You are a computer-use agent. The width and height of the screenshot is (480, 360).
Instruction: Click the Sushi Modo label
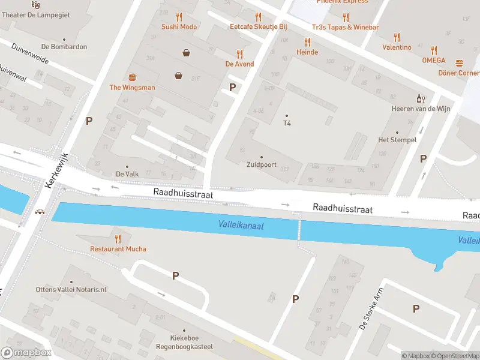pyautogui.click(x=179, y=27)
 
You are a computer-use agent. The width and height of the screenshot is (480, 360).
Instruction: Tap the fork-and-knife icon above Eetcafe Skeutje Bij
pyautogui.click(x=258, y=17)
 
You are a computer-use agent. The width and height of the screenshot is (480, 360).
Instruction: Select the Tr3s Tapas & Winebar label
pyautogui.click(x=345, y=27)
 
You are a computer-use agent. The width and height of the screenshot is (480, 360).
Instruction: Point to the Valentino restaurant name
pyautogui.click(x=397, y=47)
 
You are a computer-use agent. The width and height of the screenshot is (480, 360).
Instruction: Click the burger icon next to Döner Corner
pyautogui.click(x=460, y=62)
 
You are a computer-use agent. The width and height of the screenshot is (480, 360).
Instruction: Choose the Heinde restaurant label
pyautogui.click(x=307, y=52)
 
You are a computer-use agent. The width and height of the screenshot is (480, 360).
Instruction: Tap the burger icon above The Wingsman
pyautogui.click(x=132, y=77)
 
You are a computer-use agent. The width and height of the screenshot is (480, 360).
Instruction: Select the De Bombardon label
pyautogui.click(x=64, y=47)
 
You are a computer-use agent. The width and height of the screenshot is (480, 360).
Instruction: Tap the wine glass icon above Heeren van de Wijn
pyautogui.click(x=421, y=98)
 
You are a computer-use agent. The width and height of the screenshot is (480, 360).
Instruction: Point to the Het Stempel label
pyautogui.click(x=397, y=140)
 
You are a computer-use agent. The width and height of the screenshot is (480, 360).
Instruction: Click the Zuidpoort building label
pyautogui.click(x=261, y=164)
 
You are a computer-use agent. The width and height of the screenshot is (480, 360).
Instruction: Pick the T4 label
pyautogui.click(x=287, y=124)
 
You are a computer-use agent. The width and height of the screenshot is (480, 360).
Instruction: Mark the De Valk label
pyautogui.click(x=127, y=174)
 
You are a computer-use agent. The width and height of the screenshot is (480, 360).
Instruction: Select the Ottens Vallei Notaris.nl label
pyautogui.click(x=70, y=289)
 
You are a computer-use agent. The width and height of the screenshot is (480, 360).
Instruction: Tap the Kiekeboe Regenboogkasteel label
pyautogui.click(x=180, y=343)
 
